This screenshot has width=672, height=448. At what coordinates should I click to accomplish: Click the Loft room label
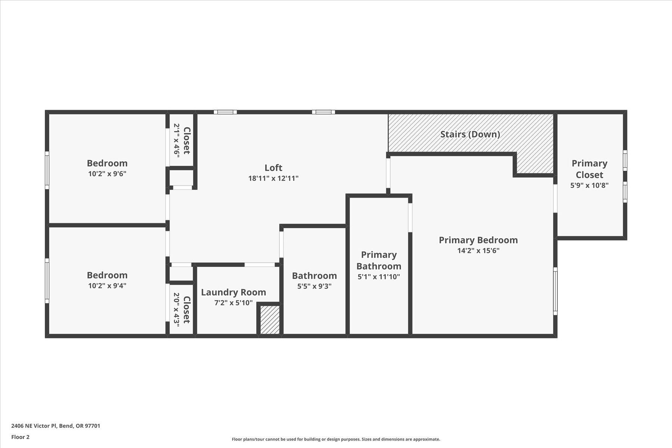[273, 168]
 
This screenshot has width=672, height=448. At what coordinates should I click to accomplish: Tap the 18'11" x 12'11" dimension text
[273, 178]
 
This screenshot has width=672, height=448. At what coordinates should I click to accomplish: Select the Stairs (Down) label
[470, 134]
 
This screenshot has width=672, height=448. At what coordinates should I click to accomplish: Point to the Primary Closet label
[589, 169]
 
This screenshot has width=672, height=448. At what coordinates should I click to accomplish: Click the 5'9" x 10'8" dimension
[589, 185]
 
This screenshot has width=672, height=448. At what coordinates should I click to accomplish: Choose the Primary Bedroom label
[478, 240]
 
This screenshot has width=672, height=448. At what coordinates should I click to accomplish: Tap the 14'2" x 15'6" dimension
[478, 251]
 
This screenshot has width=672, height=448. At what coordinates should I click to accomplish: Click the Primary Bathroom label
[379, 260]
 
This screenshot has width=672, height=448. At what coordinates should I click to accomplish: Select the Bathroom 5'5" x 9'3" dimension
[314, 286]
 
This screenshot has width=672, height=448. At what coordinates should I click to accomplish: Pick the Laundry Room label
[233, 292]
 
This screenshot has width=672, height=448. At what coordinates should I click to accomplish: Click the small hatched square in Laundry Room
[270, 320]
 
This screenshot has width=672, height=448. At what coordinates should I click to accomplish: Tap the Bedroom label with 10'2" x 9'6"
[107, 163]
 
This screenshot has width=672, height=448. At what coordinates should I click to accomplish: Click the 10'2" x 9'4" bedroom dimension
[107, 286]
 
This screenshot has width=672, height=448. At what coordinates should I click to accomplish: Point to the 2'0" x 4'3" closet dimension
[177, 309]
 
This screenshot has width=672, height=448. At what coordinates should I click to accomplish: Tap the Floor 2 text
[20, 437]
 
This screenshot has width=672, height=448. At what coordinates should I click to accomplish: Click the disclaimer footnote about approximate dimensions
[336, 439]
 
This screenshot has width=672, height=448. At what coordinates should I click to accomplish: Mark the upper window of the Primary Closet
[625, 161]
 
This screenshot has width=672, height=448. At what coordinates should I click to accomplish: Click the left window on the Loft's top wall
[225, 112]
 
